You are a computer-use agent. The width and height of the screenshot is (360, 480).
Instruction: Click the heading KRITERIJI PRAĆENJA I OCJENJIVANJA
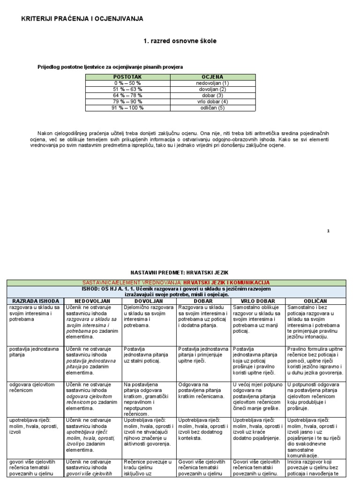point(82,19)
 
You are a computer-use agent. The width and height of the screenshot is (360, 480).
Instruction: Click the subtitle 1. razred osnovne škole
point(180,41)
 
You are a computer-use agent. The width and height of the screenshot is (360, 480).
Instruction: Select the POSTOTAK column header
point(127,76)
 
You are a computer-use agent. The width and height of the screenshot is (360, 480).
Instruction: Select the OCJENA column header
point(212,76)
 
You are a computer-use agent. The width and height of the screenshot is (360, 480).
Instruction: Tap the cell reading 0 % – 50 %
point(127,83)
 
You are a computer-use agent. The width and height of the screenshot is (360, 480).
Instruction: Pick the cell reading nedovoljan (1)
point(212,83)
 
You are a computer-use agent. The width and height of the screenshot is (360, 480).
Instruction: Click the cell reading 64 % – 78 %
point(127,95)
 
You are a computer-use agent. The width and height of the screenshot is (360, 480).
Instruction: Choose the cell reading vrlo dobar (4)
point(212,101)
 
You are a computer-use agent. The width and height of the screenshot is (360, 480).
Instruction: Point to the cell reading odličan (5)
point(212,107)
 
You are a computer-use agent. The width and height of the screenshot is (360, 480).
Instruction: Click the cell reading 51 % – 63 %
point(127,89)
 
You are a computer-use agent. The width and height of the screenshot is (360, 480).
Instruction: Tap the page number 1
point(328,231)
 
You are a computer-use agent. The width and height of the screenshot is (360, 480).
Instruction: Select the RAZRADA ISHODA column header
point(36,300)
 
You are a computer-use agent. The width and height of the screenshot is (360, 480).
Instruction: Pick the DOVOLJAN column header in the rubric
point(149,300)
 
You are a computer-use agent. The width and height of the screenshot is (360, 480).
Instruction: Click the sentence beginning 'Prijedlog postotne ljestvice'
point(110,67)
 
